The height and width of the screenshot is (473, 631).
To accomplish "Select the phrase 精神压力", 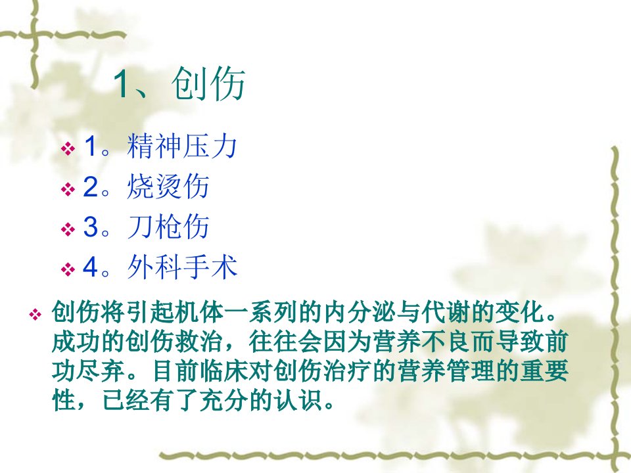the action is tap(182, 146).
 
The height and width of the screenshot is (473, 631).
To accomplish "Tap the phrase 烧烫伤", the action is tap(168, 186).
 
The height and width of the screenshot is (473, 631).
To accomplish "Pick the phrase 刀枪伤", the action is tap(168, 227).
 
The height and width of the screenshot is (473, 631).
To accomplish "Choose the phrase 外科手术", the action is tap(182, 267).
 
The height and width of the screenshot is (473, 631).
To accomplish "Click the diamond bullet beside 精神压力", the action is tap(68, 149).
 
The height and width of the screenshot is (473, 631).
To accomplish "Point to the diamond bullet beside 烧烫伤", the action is tap(68, 189).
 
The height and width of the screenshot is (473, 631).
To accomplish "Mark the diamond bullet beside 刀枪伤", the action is tap(68, 229).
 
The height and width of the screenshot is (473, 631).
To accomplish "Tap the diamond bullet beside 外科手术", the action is tap(68, 269).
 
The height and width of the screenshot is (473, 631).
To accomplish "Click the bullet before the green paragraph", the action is tap(35, 314).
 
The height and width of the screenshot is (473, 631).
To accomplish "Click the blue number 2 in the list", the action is tap(91, 187).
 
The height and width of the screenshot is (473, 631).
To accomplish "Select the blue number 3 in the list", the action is tap(91, 227).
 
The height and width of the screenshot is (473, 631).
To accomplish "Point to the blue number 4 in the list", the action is tap(91, 267).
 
